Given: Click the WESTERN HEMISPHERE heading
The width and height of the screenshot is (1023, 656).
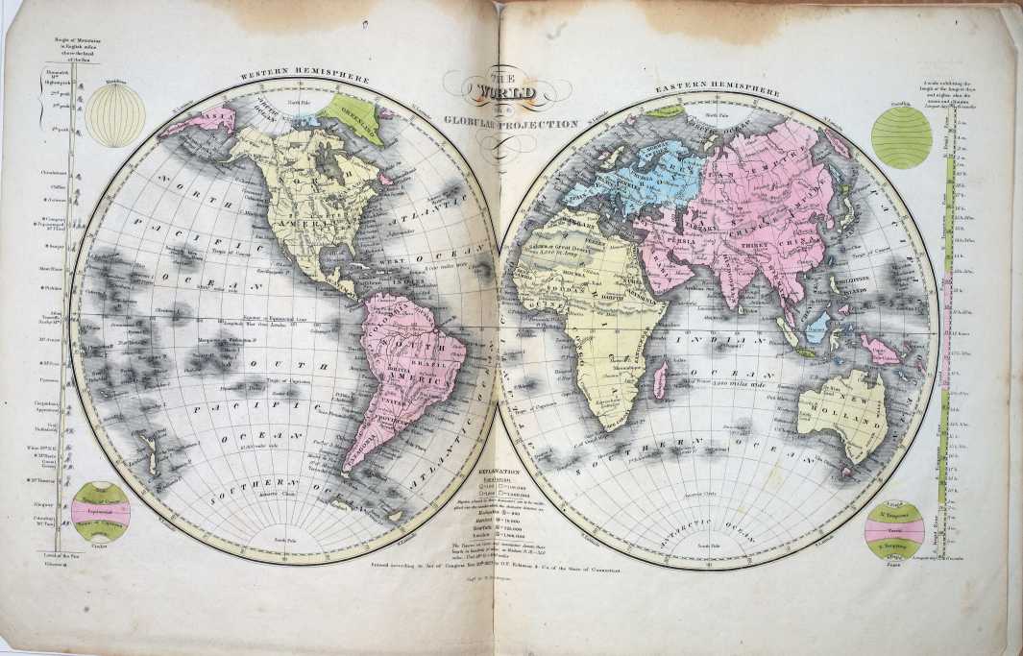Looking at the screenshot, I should point(286,75).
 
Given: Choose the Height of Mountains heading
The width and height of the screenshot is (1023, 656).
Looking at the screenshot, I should point(61,53).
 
